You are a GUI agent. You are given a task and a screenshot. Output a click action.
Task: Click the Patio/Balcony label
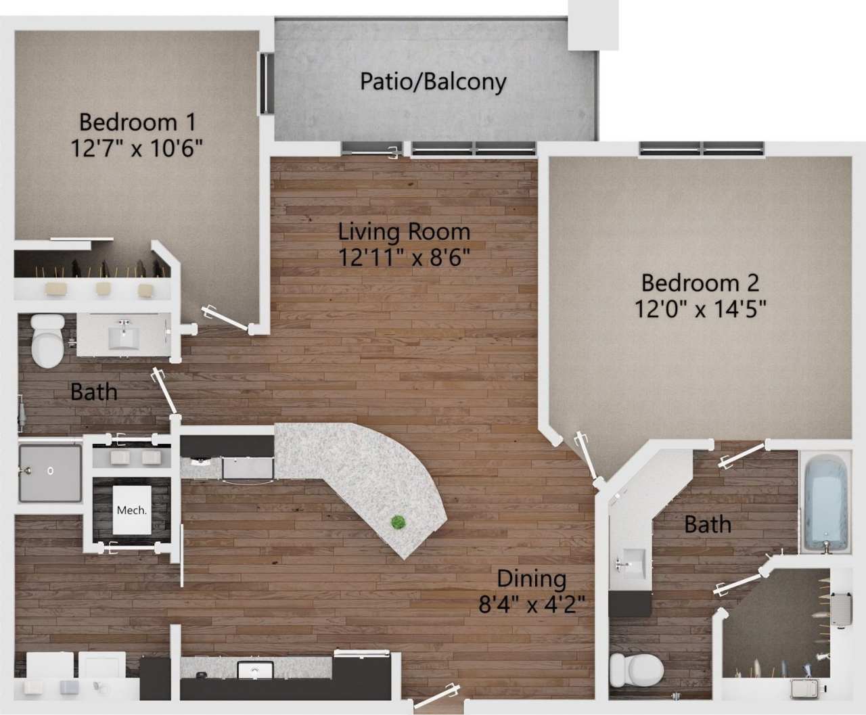[x=433, y=82]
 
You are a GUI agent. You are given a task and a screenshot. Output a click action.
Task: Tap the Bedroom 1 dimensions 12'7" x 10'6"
[x=137, y=147]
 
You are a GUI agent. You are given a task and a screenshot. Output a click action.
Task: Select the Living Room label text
[x=404, y=232]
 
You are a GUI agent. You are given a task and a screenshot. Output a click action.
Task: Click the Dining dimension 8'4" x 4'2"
[x=532, y=603]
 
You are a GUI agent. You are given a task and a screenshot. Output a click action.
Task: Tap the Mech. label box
[x=131, y=510]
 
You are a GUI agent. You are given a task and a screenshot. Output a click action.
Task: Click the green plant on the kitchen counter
[x=398, y=522]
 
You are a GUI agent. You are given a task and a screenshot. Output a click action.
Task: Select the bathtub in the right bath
[x=826, y=503]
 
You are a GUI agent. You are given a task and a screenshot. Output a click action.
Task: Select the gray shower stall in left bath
[x=49, y=472]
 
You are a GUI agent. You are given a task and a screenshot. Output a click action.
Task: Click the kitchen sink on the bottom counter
[x=254, y=672]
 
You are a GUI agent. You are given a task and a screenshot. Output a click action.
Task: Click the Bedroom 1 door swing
[x=227, y=318]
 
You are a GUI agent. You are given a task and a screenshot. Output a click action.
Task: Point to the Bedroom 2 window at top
[x=702, y=147]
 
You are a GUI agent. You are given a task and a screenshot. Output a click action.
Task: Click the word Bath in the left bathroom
[x=93, y=392]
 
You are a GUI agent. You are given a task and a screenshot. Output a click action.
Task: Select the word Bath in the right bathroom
[x=707, y=524]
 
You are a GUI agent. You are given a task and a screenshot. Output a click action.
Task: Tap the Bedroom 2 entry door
[x=586, y=457]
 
